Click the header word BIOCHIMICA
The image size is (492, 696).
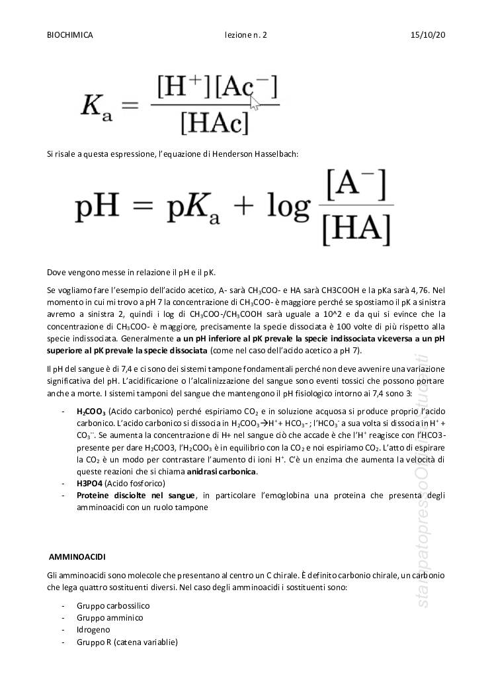(x=70, y=34)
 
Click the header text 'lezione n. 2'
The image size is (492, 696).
(x=246, y=34)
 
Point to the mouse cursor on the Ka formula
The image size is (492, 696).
(x=255, y=103)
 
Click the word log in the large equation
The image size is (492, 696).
(x=285, y=207)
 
